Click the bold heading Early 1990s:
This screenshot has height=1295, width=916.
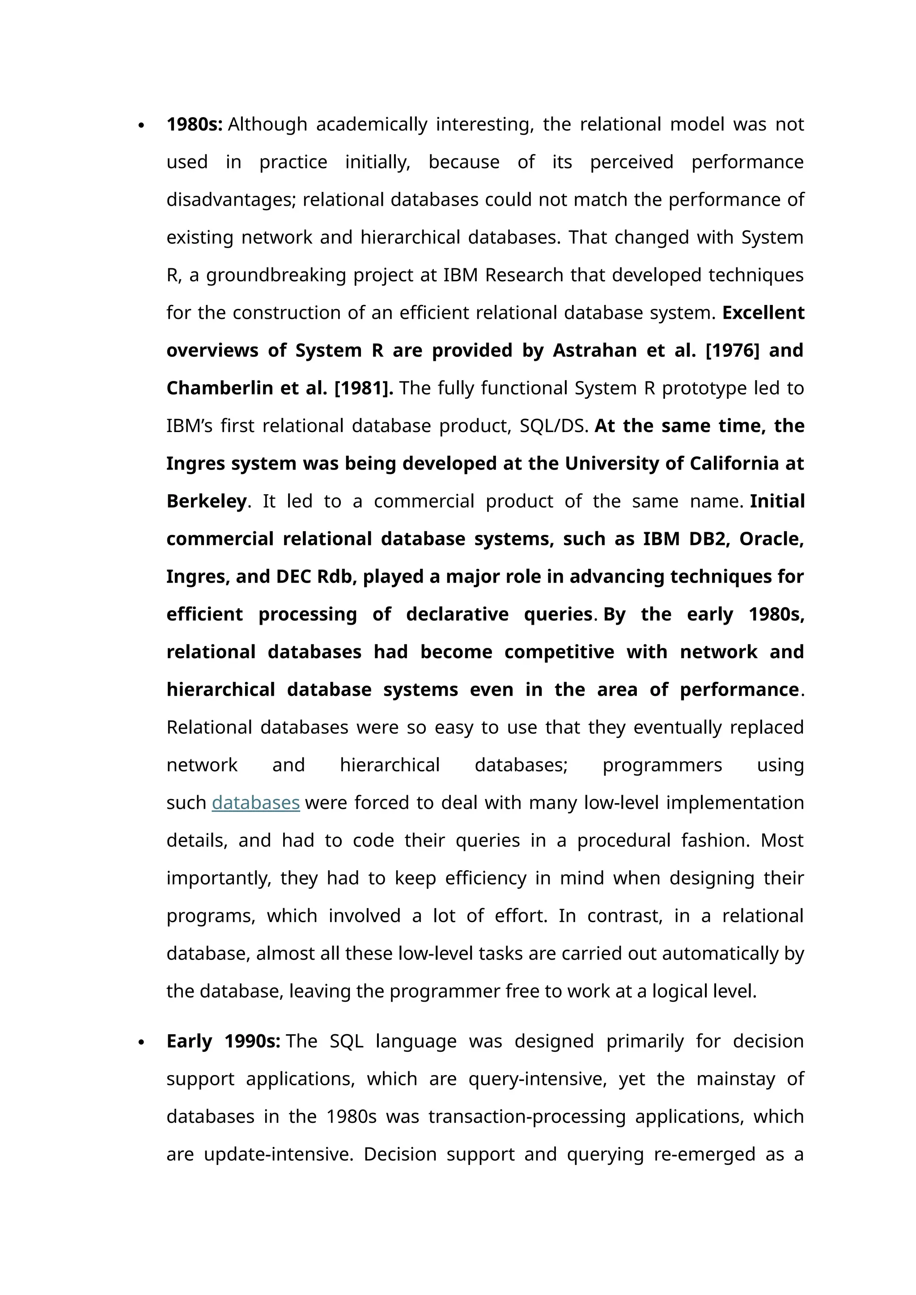pyautogui.click(x=223, y=1041)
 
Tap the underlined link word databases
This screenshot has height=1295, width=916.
pyautogui.click(x=255, y=802)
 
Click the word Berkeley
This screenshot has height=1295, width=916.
pyautogui.click(x=207, y=501)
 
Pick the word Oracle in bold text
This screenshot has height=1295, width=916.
pyautogui.click(x=771, y=539)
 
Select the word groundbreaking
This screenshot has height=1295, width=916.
pyautogui.click(x=276, y=275)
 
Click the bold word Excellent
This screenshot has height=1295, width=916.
pyautogui.click(x=763, y=313)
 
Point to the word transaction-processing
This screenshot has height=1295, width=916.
pyautogui.click(x=527, y=1116)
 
